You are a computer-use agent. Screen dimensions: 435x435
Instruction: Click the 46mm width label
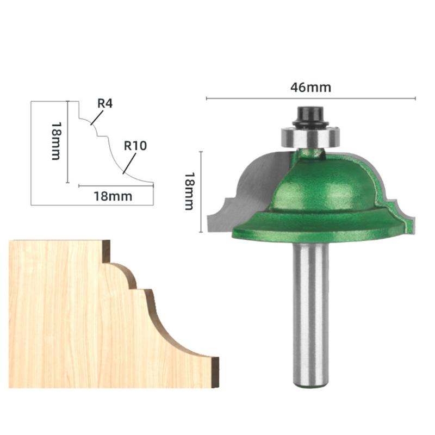coord(310,88)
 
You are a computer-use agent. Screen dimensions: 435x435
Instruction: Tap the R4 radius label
coord(104,103)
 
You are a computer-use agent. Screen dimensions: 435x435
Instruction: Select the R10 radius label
coord(135,146)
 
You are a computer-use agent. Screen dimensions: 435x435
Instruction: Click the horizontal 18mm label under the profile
coord(113,196)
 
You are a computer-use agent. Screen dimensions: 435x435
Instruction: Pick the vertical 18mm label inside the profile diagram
coord(55,140)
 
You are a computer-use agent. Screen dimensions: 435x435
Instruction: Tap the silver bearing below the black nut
coord(310,135)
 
